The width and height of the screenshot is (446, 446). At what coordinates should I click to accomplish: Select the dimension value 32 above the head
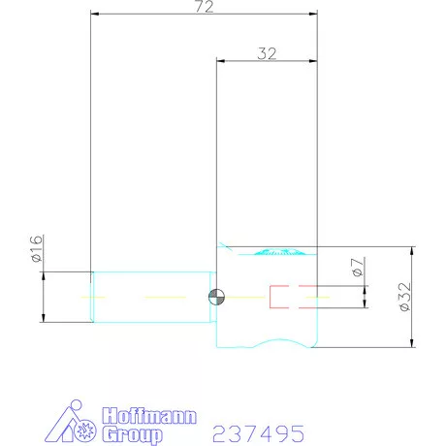(x=268, y=53)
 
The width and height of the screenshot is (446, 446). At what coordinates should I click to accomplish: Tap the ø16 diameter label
(x=34, y=249)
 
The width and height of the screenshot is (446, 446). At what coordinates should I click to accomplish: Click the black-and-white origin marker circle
(x=216, y=297)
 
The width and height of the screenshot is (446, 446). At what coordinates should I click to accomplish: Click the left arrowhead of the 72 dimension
(x=95, y=15)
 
